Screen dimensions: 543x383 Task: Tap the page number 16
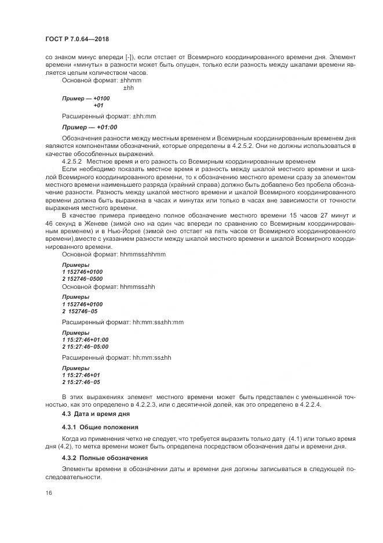(x=48, y=493)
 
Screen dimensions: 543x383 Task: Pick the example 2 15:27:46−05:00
(x=85, y=347)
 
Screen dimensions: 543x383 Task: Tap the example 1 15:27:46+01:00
(x=85, y=339)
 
